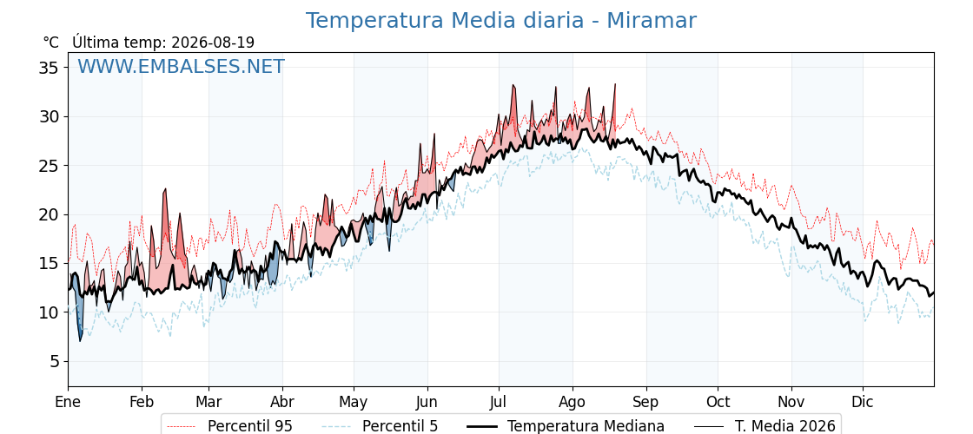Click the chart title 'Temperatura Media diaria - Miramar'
tap(500, 21)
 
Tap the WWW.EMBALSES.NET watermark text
tap(181, 66)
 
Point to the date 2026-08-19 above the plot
tap(212, 43)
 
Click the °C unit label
tap(51, 43)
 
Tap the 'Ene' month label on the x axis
tap(68, 402)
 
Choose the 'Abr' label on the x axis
tap(282, 402)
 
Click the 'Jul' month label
tap(499, 402)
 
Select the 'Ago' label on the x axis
tap(573, 403)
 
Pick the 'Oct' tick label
tap(718, 402)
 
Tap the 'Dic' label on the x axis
tap(863, 402)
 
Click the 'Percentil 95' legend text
tap(250, 426)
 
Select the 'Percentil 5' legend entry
tap(400, 426)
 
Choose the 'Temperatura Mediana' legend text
tap(586, 426)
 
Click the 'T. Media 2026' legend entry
tap(785, 426)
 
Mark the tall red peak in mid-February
tap(165, 190)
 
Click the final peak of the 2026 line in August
tap(615, 84)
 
